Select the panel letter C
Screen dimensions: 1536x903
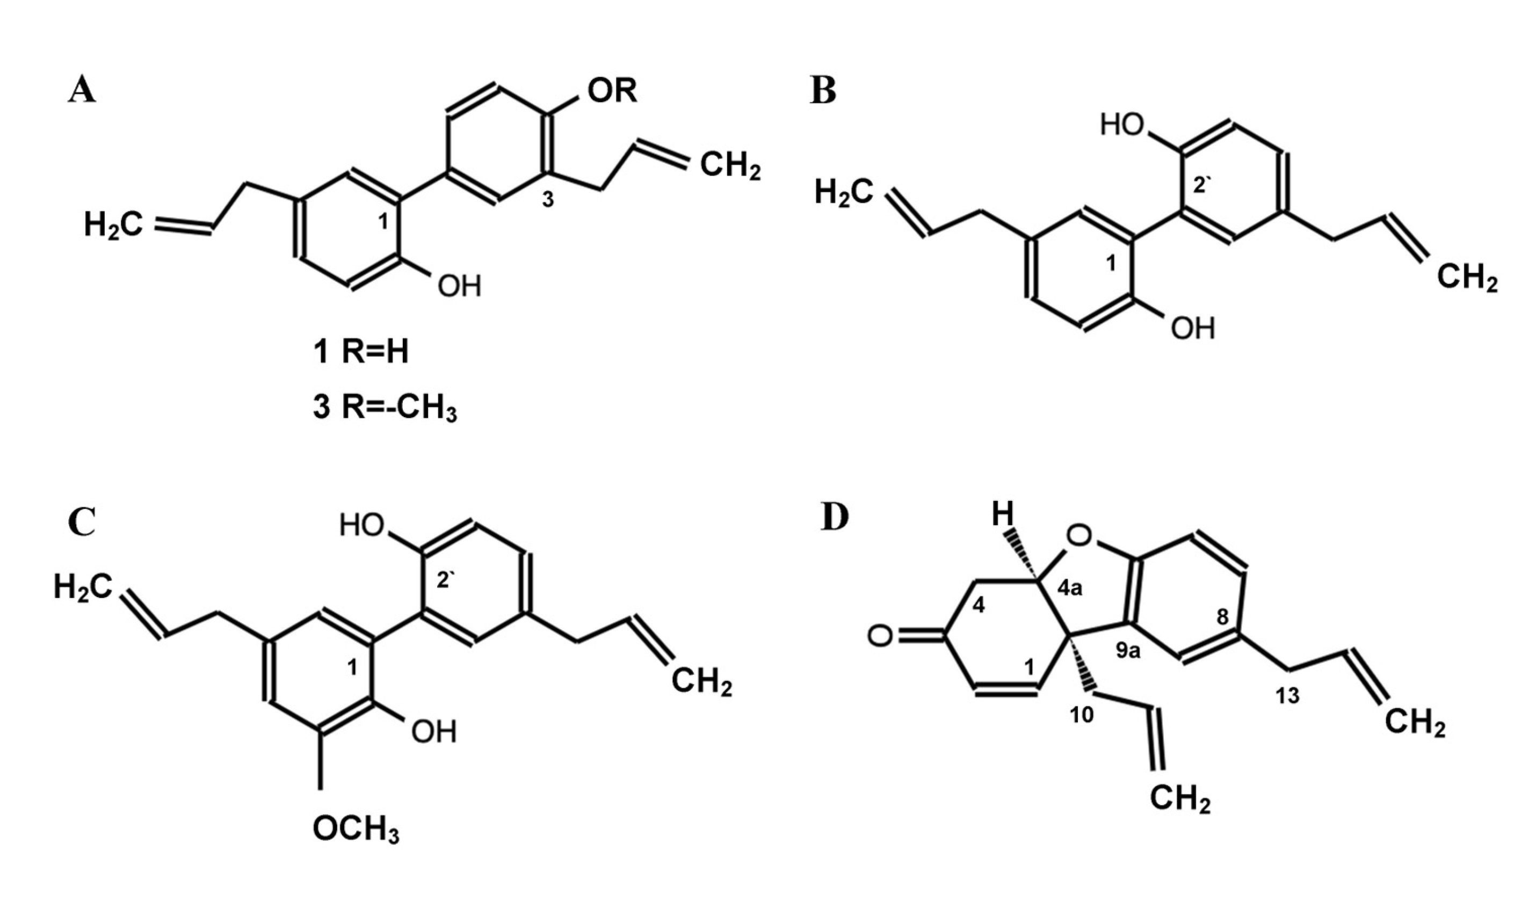tap(82, 523)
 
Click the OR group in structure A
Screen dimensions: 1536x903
tap(611, 91)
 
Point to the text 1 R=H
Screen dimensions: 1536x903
tap(361, 352)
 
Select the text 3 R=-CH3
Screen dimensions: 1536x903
tap(385, 408)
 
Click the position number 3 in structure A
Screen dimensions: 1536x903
tap(548, 199)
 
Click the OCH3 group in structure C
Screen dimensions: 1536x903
tap(356, 830)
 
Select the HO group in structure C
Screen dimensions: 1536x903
tap(362, 525)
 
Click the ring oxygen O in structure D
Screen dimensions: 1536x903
tap(1079, 536)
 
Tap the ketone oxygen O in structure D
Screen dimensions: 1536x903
tap(880, 637)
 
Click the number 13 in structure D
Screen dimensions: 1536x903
tap(1287, 695)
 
